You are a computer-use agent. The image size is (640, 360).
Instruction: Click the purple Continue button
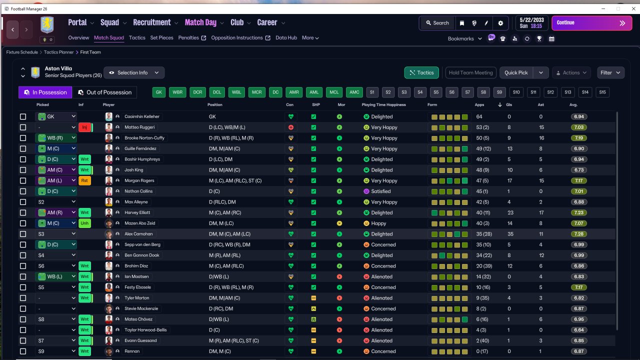click(x=591, y=23)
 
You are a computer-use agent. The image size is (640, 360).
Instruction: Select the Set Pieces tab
click(x=161, y=37)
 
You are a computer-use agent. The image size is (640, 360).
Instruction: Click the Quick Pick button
click(x=516, y=72)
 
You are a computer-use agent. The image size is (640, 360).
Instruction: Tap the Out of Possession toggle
click(x=104, y=92)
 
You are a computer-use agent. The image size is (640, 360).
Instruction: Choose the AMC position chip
click(x=354, y=92)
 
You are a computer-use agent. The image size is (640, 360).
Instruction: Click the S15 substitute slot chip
click(x=602, y=92)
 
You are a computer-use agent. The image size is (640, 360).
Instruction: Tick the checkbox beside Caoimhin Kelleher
click(x=23, y=116)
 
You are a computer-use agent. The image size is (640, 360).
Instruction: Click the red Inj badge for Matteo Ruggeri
click(x=84, y=127)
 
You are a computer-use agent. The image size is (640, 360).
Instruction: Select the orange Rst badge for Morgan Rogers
click(x=84, y=180)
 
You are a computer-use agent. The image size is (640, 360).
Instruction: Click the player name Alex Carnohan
click(x=138, y=234)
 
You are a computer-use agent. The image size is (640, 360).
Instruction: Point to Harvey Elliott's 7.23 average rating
click(x=579, y=212)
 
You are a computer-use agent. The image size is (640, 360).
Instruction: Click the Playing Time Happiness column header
click(x=383, y=105)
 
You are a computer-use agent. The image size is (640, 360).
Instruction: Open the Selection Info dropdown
click(x=134, y=72)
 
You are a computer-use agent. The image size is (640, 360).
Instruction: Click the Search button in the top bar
click(x=437, y=23)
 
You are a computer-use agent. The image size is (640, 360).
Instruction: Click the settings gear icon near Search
click(x=500, y=23)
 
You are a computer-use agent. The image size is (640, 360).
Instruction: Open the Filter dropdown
click(x=610, y=72)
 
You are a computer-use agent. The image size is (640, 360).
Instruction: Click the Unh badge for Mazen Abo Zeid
click(x=84, y=223)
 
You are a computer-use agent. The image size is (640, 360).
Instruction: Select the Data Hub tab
click(x=286, y=37)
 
